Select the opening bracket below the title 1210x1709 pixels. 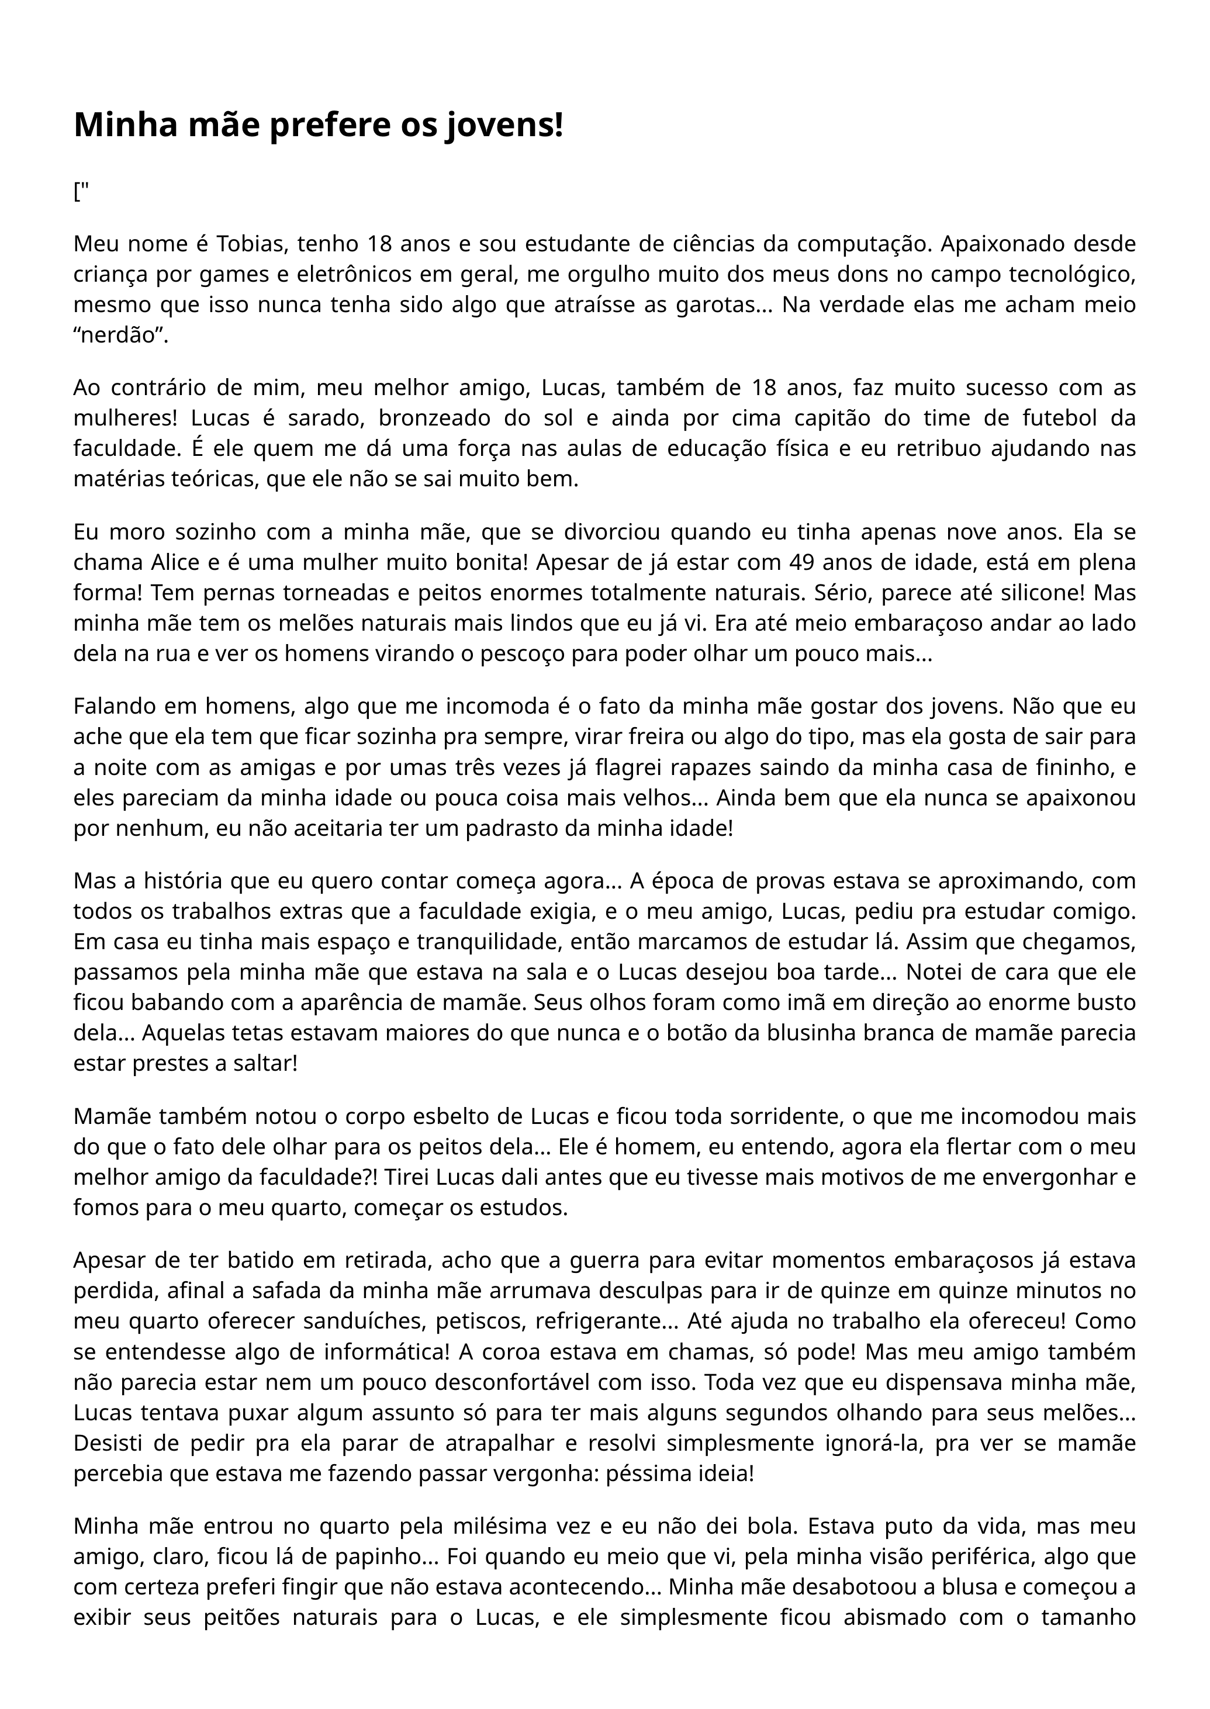pyautogui.click(x=77, y=192)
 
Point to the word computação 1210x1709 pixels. pyautogui.click(x=845, y=244)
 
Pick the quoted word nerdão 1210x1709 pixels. pyautogui.click(x=120, y=335)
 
